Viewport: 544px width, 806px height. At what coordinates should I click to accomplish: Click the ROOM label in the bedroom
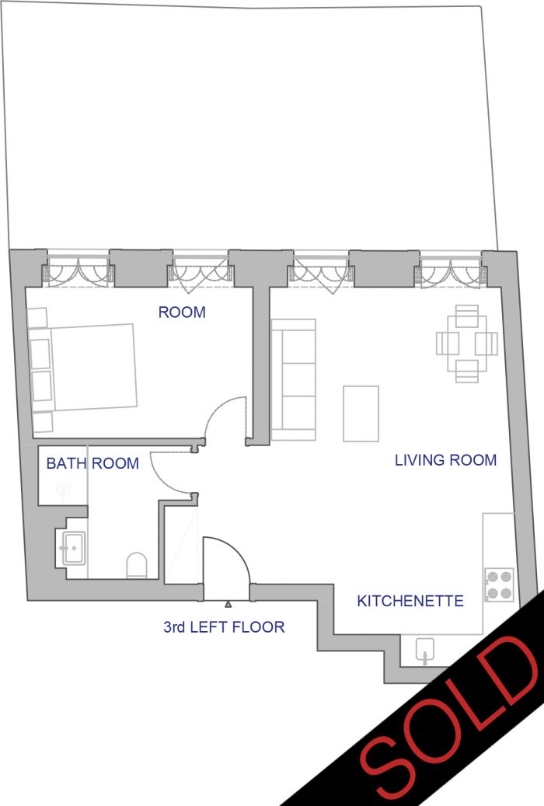[x=182, y=312]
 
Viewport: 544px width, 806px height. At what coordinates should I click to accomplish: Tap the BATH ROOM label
[x=92, y=463]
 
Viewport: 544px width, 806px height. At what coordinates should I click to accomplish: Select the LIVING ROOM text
[x=446, y=460]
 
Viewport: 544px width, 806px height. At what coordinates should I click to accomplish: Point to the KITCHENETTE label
[x=410, y=601]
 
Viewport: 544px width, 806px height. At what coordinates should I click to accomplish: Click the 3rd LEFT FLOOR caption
[x=224, y=627]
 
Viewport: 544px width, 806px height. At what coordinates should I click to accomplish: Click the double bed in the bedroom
[x=82, y=369]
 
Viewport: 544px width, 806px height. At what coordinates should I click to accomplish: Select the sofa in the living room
[x=293, y=380]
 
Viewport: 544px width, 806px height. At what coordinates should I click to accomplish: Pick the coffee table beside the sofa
[x=361, y=413]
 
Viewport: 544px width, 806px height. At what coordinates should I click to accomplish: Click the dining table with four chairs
[x=467, y=344]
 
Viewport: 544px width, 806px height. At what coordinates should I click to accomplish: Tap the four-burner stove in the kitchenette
[x=499, y=585]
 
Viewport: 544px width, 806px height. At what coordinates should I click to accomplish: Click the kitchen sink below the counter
[x=425, y=650]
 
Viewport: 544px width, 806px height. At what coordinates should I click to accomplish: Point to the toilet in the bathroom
[x=137, y=565]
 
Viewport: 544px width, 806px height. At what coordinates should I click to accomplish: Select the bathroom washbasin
[x=73, y=549]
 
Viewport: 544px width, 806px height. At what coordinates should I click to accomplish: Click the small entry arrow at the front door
[x=228, y=604]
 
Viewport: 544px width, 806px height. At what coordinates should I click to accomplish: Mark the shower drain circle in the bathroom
[x=63, y=488]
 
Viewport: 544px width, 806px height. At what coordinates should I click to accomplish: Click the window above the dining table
[x=451, y=270]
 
